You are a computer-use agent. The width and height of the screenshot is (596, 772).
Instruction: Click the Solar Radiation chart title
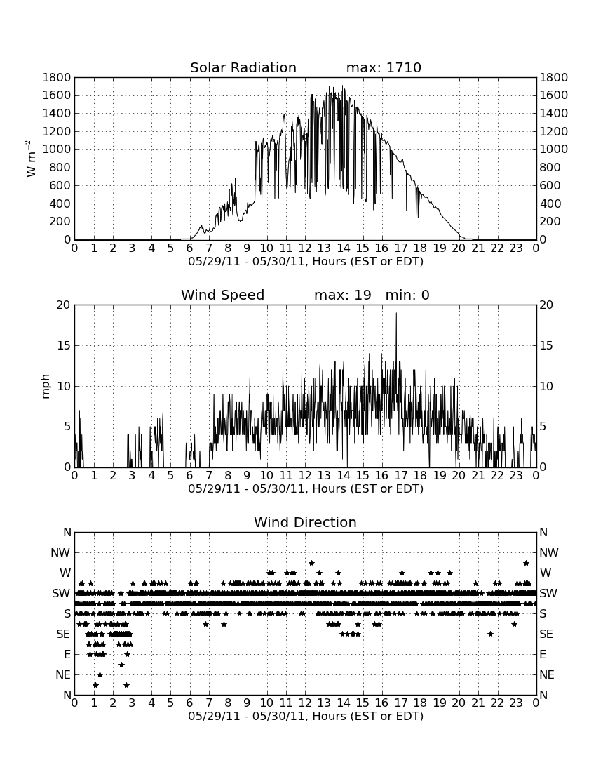243,67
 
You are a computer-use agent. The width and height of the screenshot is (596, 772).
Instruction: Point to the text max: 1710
384,67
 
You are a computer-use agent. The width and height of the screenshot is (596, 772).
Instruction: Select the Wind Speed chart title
222,295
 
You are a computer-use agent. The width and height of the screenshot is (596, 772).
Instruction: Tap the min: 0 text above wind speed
407,295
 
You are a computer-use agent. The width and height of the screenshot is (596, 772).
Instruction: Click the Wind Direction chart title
305,522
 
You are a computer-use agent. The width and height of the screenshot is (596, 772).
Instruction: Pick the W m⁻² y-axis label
30,159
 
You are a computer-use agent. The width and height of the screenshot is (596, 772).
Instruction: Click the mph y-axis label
46,387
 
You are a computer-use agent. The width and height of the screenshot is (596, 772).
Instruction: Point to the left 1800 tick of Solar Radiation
57,77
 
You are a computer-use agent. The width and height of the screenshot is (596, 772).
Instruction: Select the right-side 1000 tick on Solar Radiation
554,149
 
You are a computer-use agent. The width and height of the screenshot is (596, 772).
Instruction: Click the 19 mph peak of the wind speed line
396,313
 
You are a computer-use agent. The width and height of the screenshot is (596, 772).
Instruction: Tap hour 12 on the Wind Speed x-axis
305,475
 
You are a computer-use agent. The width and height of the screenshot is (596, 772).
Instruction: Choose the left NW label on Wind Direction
60,552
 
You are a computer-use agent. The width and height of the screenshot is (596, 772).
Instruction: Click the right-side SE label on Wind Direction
546,634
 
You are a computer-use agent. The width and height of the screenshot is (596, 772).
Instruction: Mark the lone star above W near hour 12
311,563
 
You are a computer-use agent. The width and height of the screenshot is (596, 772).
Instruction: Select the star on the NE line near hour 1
100,674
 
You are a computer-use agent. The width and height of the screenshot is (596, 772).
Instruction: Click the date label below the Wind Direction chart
306,716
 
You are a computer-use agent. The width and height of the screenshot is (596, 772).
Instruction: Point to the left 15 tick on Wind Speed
64,345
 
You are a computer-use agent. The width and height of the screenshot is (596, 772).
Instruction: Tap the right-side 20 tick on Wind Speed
546,305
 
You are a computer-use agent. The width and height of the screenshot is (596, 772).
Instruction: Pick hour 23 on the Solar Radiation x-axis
516,248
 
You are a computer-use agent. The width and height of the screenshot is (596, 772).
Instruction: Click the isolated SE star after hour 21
490,634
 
